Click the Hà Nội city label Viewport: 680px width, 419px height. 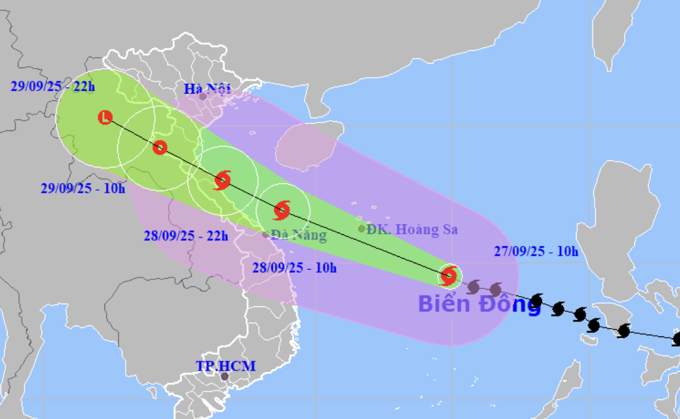[207, 89]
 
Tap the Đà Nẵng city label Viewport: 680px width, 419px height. [298, 235]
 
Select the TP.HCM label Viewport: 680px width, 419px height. [225, 366]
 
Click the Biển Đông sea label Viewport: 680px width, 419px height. [479, 304]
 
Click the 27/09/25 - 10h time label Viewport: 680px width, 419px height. [536, 251]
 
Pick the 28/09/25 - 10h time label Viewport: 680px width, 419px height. [294, 267]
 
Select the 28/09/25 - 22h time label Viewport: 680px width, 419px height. [185, 235]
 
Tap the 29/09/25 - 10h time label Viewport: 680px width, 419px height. [83, 188]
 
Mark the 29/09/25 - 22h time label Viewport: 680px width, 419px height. [53, 87]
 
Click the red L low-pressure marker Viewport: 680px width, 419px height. [105, 118]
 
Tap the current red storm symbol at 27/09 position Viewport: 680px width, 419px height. [449, 276]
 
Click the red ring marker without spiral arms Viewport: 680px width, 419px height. [160, 147]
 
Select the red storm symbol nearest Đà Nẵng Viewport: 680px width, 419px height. [282, 210]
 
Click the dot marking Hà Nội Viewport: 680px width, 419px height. [203, 96]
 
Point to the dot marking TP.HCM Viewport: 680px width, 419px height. [225, 376]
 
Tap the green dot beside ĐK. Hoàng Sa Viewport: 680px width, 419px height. [361, 229]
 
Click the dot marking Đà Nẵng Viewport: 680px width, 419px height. [266, 234]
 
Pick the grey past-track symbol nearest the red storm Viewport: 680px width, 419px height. [474, 286]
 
